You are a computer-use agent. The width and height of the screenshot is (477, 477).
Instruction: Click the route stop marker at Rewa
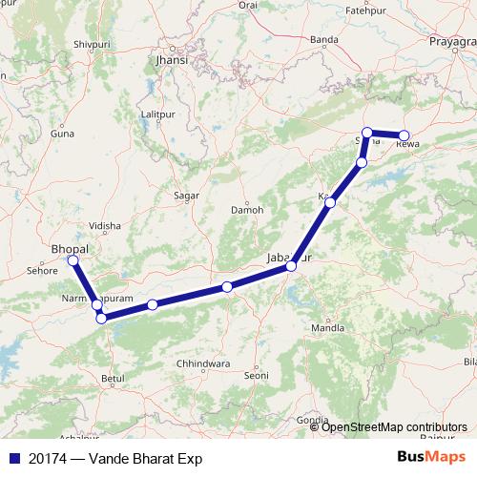tap(404, 135)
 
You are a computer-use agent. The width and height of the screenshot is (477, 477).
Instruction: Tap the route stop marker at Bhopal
tap(73, 259)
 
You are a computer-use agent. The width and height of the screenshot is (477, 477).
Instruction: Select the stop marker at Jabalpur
tap(291, 265)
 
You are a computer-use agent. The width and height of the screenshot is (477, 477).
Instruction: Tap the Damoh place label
tap(247, 209)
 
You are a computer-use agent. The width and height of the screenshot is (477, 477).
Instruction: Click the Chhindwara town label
tap(204, 363)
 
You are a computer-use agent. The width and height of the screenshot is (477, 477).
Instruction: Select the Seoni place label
tap(257, 377)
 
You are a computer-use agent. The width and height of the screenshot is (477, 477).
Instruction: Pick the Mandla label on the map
tap(327, 328)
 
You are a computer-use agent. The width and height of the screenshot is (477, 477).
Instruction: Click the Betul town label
tap(113, 379)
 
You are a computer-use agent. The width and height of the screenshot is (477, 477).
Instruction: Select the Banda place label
tap(324, 39)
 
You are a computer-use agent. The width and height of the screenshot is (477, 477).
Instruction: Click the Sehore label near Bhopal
tap(42, 271)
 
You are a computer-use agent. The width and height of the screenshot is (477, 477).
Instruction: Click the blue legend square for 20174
tap(14, 458)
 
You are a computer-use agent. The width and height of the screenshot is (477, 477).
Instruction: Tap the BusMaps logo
tap(433, 457)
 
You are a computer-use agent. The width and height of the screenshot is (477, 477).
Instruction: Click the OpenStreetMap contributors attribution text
tap(394, 426)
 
